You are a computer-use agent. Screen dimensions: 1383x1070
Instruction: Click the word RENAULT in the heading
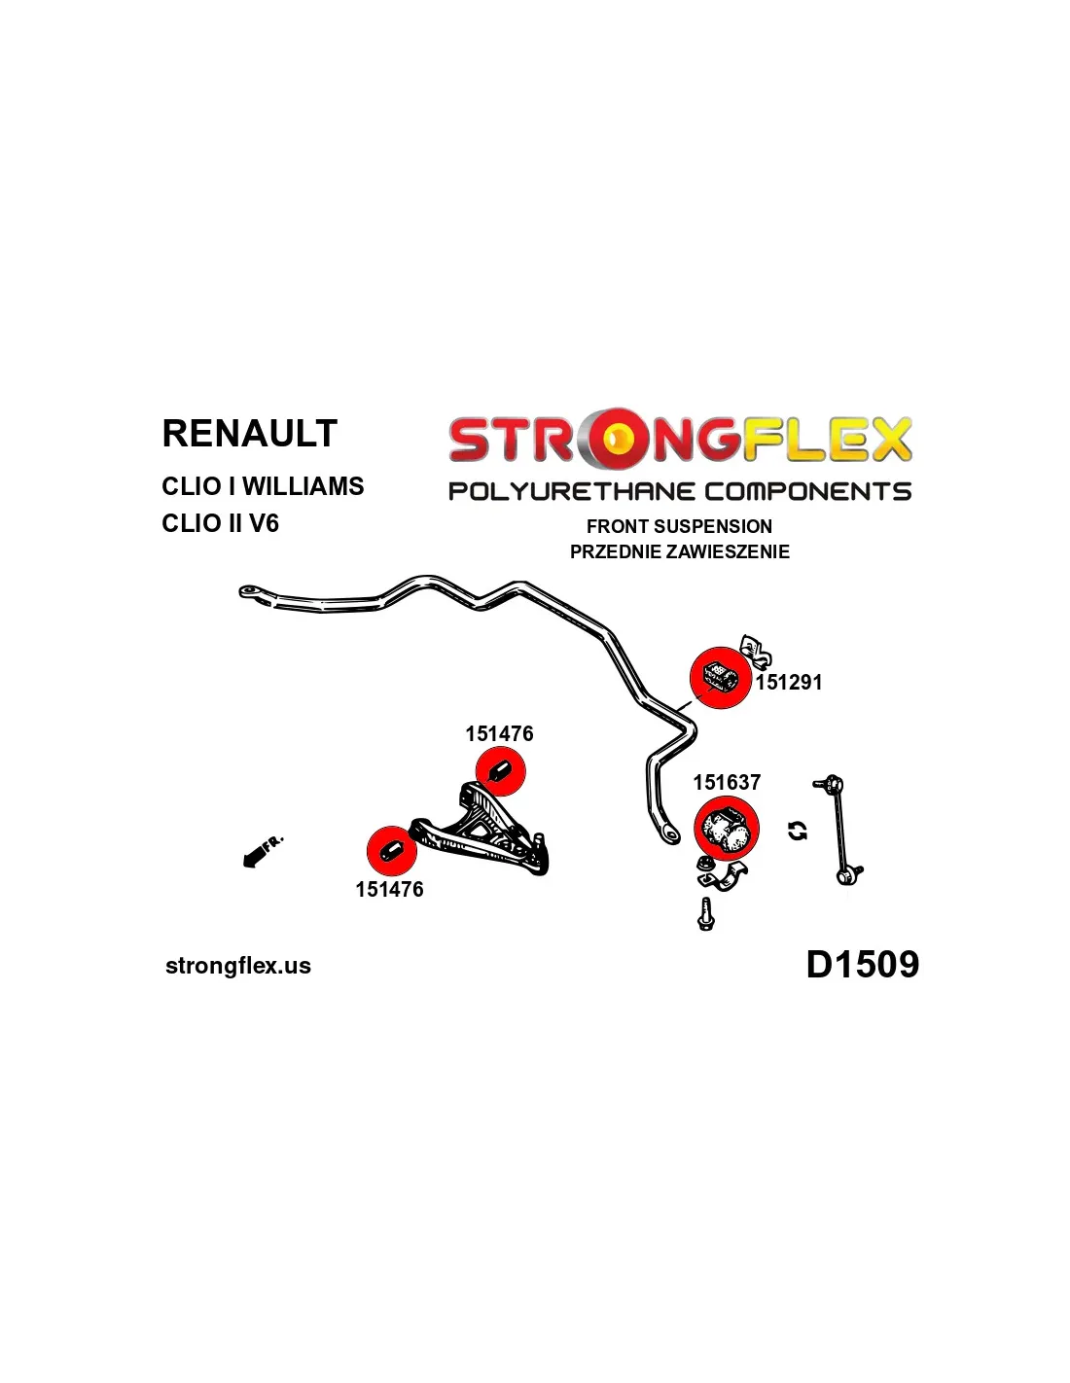pos(249,434)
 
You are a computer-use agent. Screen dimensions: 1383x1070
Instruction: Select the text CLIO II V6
pos(220,523)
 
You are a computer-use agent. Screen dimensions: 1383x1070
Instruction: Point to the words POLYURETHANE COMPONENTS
pos(679,491)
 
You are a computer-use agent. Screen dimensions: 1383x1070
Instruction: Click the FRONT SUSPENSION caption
pos(679,526)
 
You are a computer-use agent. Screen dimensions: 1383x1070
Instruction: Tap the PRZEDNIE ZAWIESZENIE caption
pos(679,551)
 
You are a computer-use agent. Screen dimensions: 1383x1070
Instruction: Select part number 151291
pos(789,683)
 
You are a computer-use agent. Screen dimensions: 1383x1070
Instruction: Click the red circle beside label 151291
pos(720,677)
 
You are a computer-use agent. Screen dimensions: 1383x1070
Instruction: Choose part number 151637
pos(727,783)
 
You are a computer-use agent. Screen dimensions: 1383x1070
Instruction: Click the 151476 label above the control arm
pos(499,734)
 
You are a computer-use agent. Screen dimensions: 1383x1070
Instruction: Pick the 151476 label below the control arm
pos(389,889)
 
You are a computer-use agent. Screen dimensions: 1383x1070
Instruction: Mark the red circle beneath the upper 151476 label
pos(500,771)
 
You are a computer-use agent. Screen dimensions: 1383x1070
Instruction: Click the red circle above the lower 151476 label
pos(391,850)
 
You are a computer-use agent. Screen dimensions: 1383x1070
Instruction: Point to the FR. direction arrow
pos(262,851)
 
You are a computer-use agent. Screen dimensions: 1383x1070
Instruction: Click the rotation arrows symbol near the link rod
pos(798,831)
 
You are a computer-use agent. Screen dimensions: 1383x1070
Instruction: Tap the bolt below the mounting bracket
pos(706,914)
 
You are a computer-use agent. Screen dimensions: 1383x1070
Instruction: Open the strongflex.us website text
pos(238,966)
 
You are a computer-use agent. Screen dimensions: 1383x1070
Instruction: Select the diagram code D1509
pos(862,965)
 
